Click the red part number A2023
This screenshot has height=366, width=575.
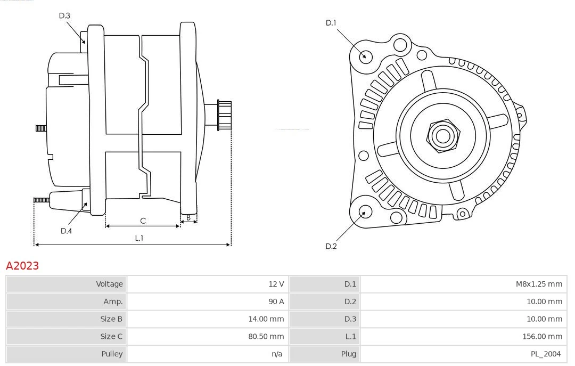pos(22,265)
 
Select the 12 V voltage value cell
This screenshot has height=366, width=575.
pos(276,284)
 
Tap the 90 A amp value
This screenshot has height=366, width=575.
pos(276,302)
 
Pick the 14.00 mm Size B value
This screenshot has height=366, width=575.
pos(266,319)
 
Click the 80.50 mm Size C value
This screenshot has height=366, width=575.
pos(266,337)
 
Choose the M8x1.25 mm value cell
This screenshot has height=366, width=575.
pos(538,284)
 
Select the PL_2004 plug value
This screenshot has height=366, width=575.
pos(546,354)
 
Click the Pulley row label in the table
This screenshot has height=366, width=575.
pos(112,354)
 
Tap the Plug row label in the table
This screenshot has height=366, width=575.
pos(349,354)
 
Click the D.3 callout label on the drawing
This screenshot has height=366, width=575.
pos(64,16)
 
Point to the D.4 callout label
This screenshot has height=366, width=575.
pos(66,231)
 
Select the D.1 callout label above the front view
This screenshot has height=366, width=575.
pos(331,23)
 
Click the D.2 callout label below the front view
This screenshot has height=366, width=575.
pos(331,246)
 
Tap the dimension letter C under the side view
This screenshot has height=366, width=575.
pos(143,221)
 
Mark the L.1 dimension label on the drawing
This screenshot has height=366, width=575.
pos(138,238)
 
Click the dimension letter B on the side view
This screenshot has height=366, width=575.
pos(188,217)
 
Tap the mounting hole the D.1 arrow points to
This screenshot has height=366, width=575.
pos(366,56)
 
